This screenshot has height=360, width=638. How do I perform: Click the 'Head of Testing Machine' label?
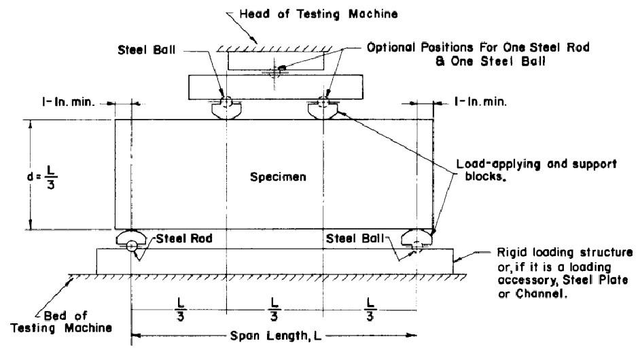click(318, 14)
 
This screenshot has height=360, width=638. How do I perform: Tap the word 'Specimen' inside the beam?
click(278, 177)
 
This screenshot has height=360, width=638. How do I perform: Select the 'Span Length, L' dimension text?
click(275, 336)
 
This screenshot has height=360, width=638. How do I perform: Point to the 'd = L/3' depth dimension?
click(42, 177)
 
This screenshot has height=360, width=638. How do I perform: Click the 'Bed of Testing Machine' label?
click(61, 322)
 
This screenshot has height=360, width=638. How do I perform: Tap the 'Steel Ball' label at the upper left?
click(147, 50)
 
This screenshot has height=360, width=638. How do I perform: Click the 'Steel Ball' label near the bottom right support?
click(355, 238)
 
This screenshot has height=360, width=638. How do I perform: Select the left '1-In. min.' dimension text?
click(69, 102)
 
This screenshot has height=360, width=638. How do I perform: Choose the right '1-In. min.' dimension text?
click(480, 102)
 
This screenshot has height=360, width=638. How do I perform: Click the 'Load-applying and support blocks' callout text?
click(536, 170)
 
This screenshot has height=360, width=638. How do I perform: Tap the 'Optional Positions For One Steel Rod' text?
click(478, 48)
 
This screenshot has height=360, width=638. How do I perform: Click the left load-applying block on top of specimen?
click(226, 110)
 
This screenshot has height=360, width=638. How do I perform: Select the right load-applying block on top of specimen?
click(323, 110)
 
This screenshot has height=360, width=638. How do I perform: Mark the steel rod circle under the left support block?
click(131, 246)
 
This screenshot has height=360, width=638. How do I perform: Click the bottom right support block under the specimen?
click(416, 237)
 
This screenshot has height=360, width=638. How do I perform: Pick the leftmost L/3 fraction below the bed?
click(181, 310)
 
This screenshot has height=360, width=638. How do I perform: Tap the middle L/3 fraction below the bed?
click(274, 310)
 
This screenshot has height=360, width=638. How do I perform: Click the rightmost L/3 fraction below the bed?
click(370, 310)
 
